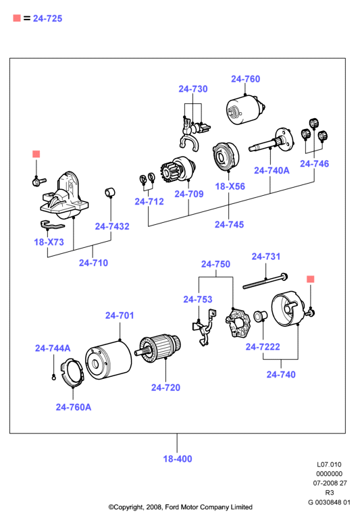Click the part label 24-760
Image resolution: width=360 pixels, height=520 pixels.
246,79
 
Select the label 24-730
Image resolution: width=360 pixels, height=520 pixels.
193,89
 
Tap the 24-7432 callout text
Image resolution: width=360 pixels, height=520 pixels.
112,226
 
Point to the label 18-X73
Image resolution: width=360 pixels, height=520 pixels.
49,242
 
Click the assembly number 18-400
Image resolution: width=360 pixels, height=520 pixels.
178,459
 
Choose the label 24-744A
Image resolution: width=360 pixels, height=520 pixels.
53,348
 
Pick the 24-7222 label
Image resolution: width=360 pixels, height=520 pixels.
263,347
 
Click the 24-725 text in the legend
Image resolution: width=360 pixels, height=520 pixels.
47,19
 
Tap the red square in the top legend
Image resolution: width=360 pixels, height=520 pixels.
17,18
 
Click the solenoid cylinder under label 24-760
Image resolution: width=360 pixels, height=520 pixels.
246,109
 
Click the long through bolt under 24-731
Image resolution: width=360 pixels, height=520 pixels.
265,281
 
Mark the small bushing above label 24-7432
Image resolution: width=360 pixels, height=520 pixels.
110,192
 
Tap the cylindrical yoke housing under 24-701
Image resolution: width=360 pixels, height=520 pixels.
109,360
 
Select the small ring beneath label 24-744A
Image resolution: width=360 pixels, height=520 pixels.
54,377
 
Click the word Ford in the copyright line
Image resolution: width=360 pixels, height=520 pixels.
172,507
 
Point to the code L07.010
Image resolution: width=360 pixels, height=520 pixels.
329,465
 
